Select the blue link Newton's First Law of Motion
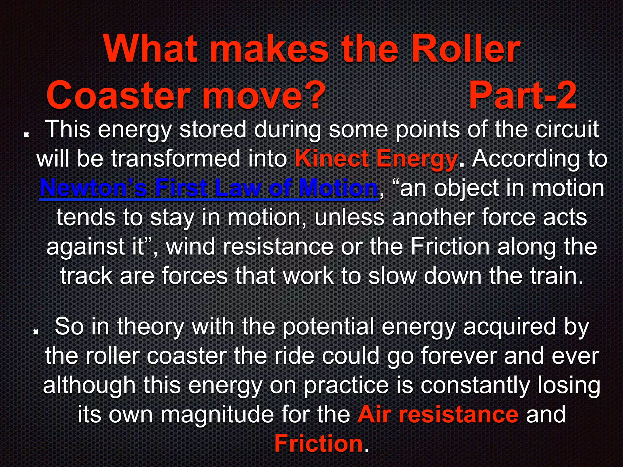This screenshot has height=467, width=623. pos(209,188)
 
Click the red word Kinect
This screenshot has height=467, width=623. pos(332,159)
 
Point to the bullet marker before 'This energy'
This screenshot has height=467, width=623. pos(26,134)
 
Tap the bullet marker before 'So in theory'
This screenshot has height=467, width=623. pos(36,331)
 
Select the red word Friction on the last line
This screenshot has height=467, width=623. pos(318,444)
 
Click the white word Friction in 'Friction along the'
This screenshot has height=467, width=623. pos(450,247)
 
